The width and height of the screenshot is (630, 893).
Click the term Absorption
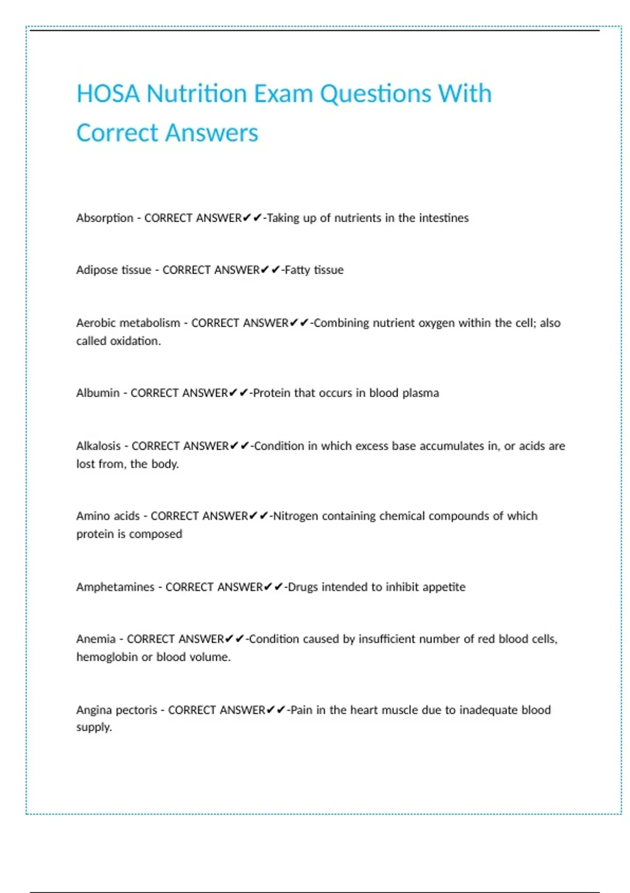104,218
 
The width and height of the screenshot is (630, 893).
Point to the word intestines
444,218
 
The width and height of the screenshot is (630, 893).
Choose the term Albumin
98,393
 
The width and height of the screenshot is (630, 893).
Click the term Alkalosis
98,446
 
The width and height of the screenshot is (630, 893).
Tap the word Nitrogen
296,516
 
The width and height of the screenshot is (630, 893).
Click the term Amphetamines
115,587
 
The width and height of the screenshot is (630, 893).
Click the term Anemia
96,639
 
